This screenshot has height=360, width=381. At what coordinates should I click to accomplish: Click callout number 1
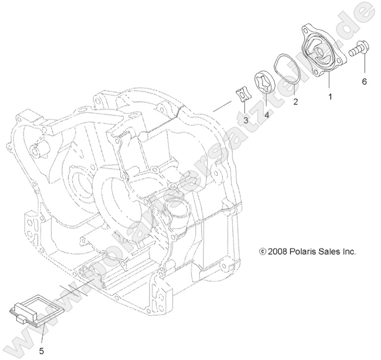pyautogui.click(x=330, y=97)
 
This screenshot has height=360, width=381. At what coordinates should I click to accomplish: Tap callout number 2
pyautogui.click(x=295, y=102)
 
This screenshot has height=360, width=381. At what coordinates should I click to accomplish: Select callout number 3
pyautogui.click(x=245, y=120)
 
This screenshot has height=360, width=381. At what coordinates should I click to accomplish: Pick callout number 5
pyautogui.click(x=41, y=351)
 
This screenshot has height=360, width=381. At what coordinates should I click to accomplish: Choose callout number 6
pyautogui.click(x=364, y=82)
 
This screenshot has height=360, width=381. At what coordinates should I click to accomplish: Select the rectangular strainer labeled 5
pyautogui.click(x=29, y=312)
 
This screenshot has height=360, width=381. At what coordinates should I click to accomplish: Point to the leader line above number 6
pyautogui.click(x=364, y=66)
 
